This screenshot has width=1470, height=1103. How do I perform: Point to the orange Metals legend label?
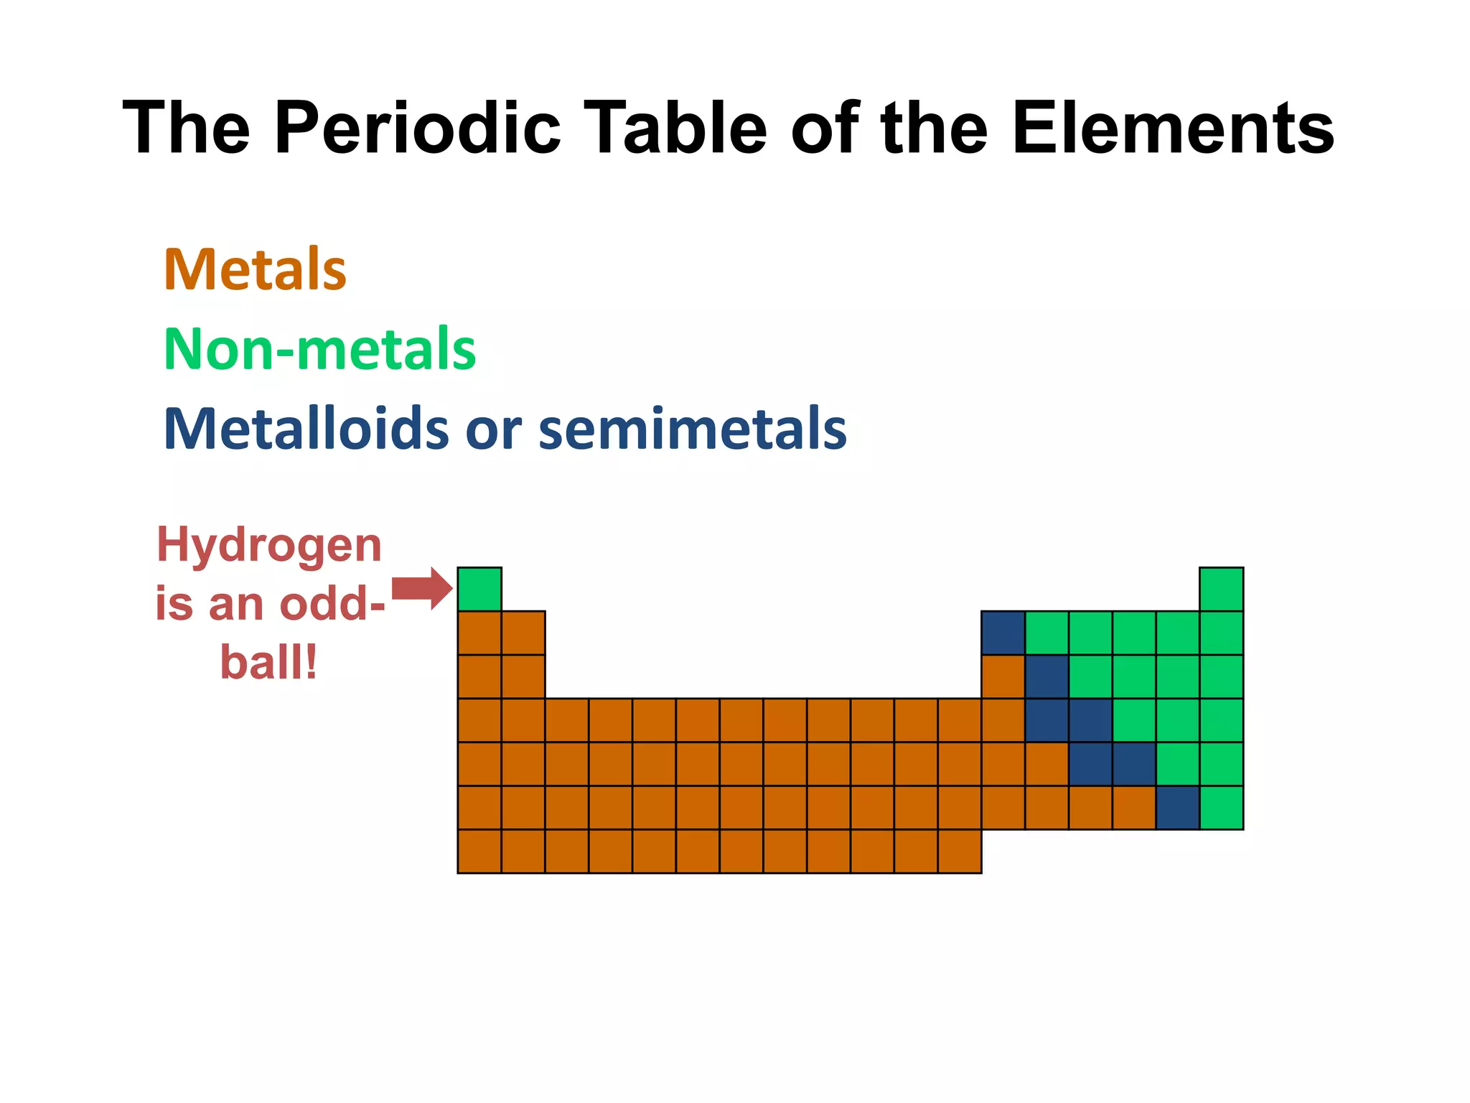pyautogui.click(x=255, y=270)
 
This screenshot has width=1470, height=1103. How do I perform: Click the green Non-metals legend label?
pyautogui.click(x=319, y=349)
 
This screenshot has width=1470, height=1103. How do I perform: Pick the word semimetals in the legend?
pyautogui.click(x=692, y=429)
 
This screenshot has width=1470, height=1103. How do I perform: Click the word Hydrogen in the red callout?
pyautogui.click(x=269, y=546)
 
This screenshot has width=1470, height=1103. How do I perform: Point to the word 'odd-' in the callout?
pyautogui.click(x=332, y=604)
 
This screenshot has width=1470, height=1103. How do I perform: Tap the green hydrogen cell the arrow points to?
pyautogui.click(x=479, y=589)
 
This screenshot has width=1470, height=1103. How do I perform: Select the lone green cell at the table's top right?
pyautogui.click(x=1221, y=589)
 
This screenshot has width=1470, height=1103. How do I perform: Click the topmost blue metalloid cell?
pyautogui.click(x=1003, y=633)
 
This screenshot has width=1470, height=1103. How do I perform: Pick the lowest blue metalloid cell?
pyautogui.click(x=1177, y=807)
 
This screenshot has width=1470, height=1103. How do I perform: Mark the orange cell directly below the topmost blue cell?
pyautogui.click(x=1003, y=676)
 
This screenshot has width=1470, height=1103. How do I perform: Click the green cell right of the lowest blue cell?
pyautogui.click(x=1221, y=807)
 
